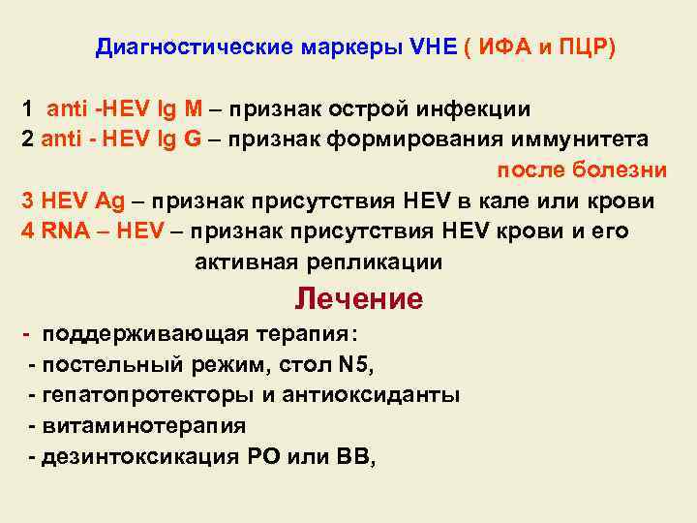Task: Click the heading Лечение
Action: tap(358, 299)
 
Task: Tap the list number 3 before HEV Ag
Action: tap(28, 200)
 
